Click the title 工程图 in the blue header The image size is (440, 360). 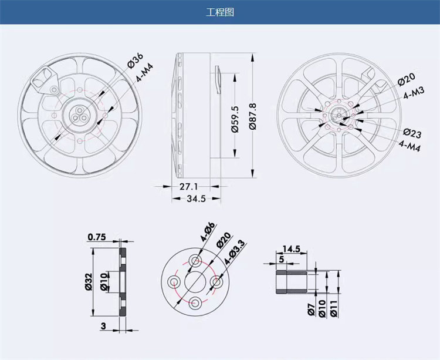click(x=220, y=12)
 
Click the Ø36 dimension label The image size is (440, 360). click(x=136, y=60)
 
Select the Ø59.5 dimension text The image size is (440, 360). click(x=235, y=119)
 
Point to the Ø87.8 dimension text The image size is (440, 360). click(x=252, y=116)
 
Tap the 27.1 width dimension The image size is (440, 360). click(x=188, y=186)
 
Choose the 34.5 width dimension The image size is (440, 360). click(x=196, y=199)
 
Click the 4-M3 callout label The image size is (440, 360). click(x=414, y=93)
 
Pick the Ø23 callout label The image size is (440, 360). click(x=412, y=133)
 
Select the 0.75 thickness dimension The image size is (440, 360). click(x=97, y=237)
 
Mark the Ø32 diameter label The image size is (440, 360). click(x=89, y=282)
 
